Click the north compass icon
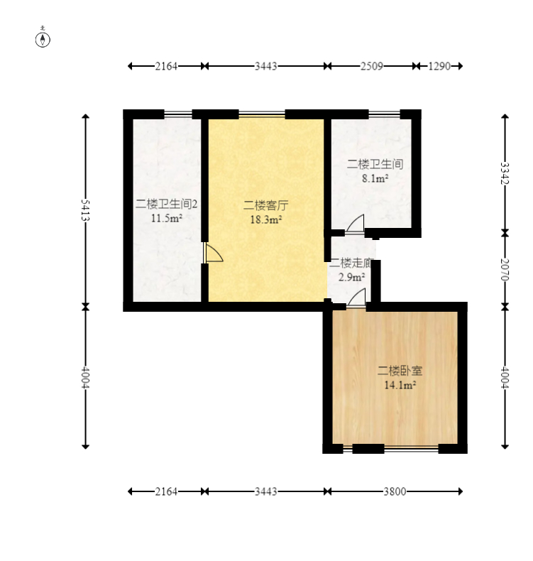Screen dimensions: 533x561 43,38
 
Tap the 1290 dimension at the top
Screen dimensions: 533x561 439,66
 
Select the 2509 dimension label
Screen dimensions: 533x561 371,66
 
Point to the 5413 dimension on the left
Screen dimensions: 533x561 85,210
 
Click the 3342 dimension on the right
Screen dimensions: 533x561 505,173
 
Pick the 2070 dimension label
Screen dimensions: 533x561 505,270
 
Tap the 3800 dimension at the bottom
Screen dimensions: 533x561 395,491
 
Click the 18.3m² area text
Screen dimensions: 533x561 266,219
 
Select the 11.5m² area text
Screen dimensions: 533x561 167,218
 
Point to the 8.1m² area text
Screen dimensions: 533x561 375,178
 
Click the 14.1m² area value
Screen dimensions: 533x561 400,385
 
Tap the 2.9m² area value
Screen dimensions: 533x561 351,277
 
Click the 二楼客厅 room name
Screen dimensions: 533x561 265,205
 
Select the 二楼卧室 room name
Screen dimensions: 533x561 400,371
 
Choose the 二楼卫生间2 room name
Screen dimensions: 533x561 167,204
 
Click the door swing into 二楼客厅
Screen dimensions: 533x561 214,253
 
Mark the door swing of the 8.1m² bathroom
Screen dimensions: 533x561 356,224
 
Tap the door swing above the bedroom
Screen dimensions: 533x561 357,298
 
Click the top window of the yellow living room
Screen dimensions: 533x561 262,114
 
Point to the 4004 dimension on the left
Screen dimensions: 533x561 85,377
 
